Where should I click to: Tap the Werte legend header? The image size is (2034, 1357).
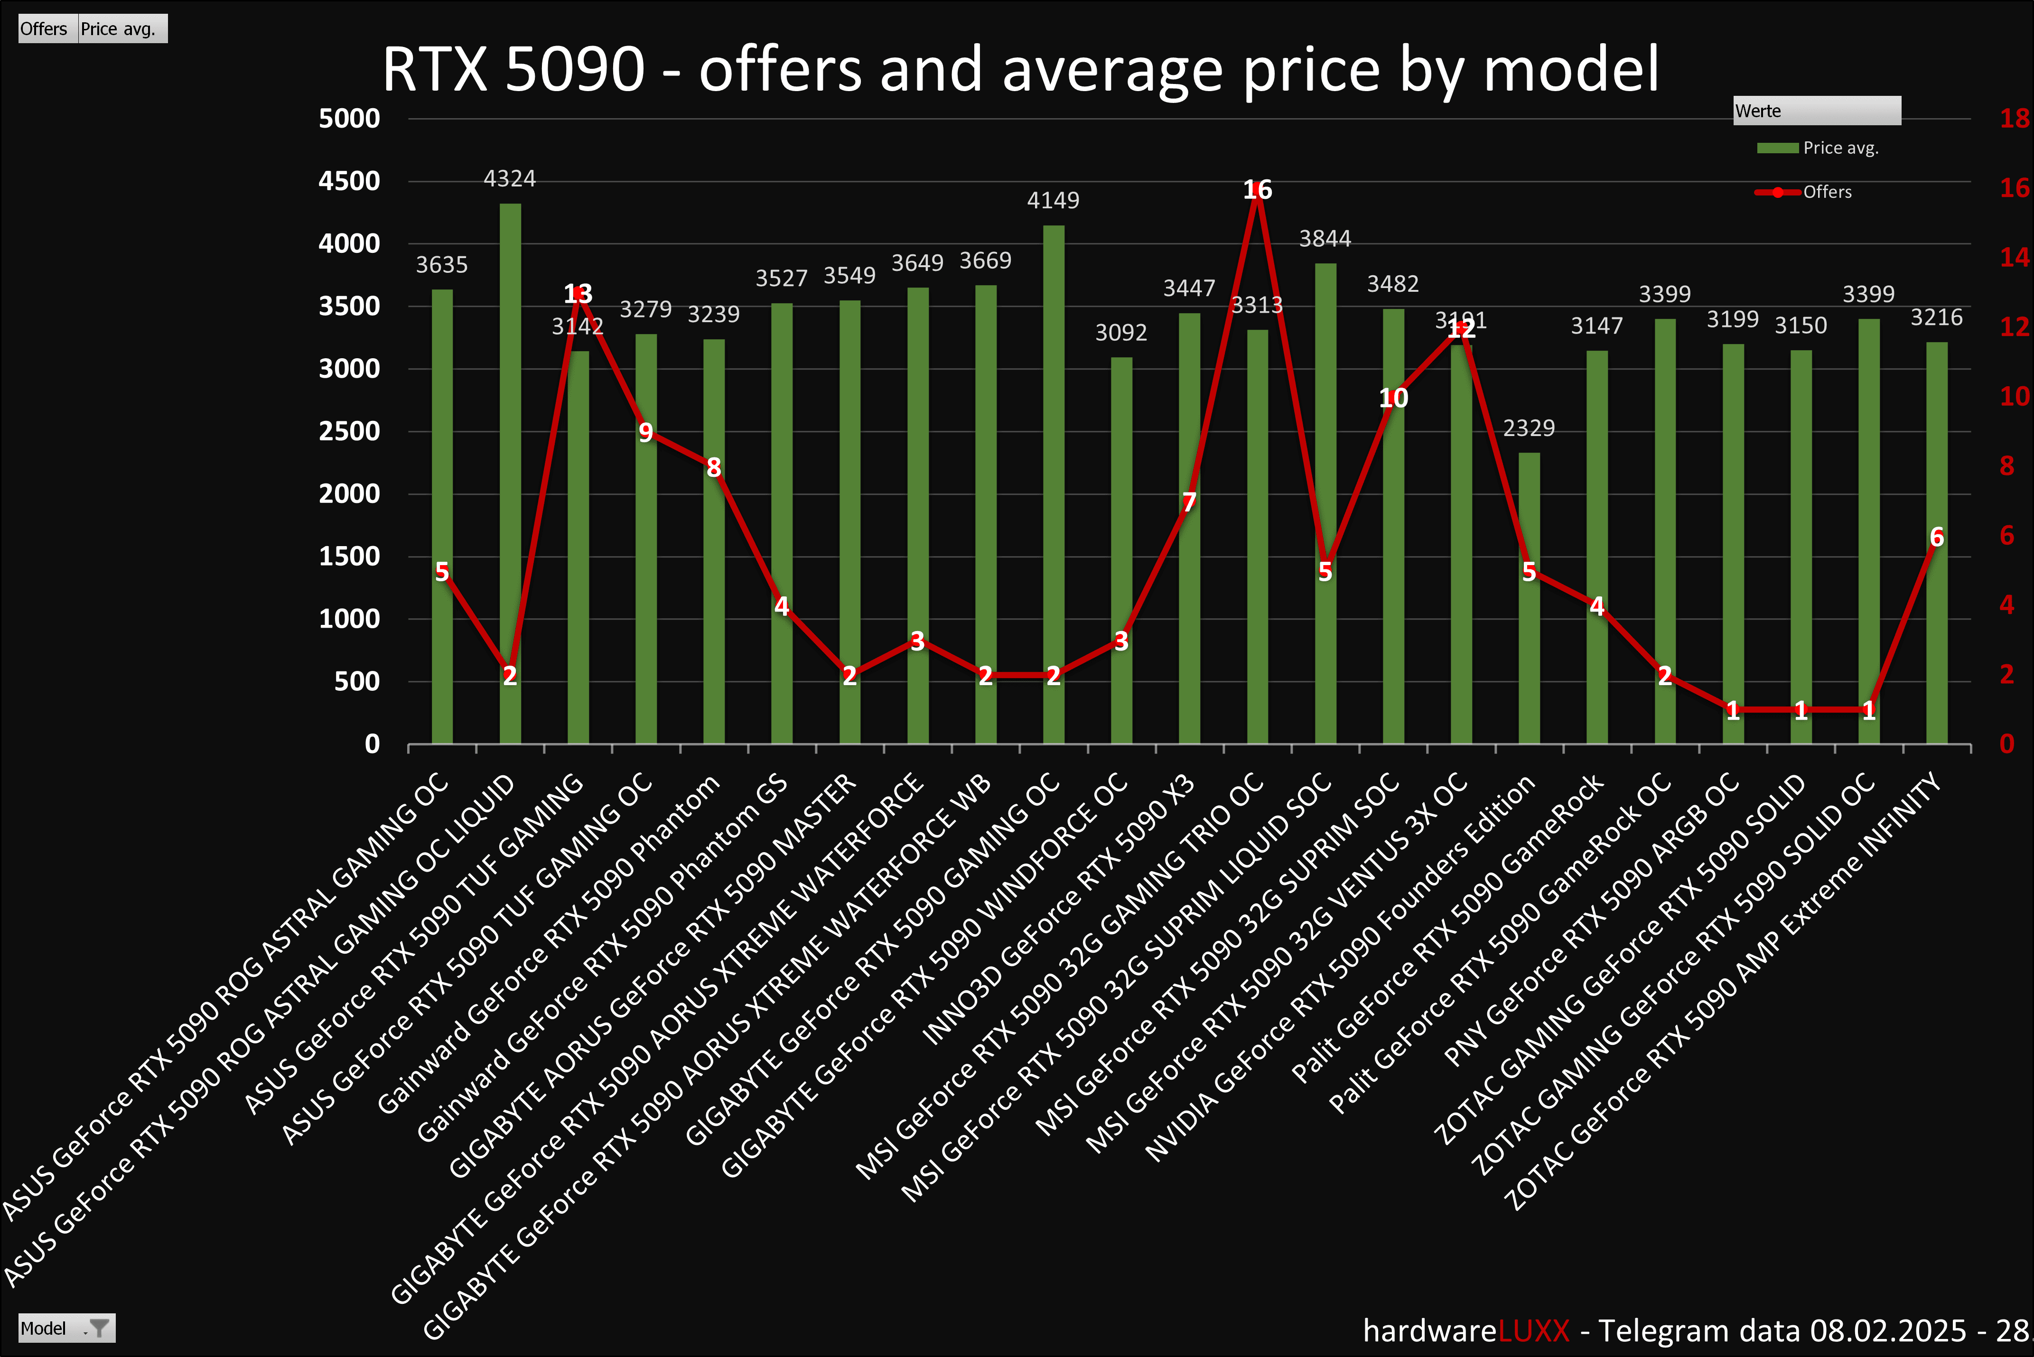point(1816,111)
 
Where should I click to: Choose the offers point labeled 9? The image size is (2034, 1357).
point(646,432)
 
